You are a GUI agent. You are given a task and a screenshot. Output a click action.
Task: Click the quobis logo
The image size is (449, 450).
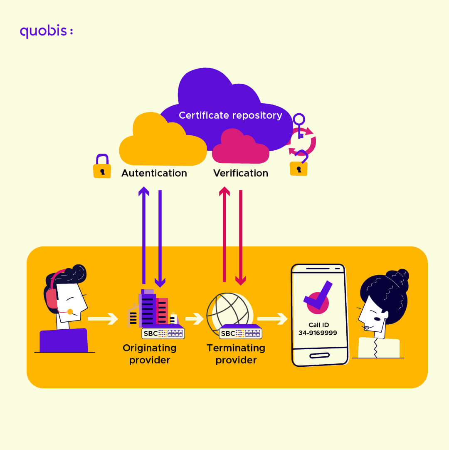point(46,32)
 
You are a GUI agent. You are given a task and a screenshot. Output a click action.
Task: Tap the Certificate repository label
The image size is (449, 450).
point(230,115)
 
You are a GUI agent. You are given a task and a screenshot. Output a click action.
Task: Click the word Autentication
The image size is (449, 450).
point(154,173)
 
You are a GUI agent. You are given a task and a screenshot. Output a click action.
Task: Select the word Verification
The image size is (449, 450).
point(241,173)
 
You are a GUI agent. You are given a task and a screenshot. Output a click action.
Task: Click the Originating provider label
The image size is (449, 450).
point(150,354)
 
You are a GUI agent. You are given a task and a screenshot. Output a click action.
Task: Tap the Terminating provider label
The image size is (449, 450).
point(236,354)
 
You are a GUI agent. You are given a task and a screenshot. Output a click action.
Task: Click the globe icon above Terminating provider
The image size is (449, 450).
point(227,310)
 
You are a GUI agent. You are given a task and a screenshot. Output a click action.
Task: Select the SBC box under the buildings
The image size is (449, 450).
point(163,333)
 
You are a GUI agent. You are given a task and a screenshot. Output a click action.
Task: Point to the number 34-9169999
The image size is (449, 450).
point(318,333)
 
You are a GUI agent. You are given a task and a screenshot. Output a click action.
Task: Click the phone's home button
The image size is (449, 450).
point(319,355)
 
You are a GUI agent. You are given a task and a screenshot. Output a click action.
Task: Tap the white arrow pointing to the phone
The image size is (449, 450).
point(272,319)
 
